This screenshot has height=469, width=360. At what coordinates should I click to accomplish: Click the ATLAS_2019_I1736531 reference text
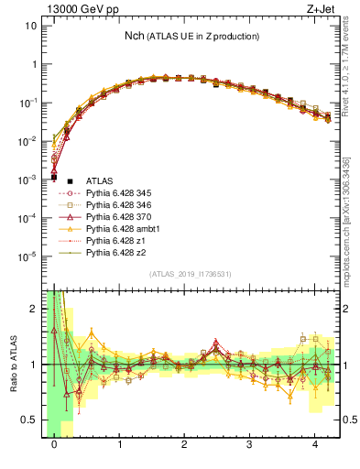(191, 275)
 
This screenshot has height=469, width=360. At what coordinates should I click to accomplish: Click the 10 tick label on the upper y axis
(30, 26)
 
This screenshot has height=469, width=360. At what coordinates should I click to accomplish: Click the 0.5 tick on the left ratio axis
(28, 420)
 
